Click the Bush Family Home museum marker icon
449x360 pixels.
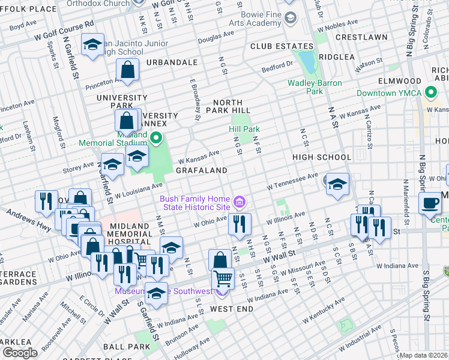point(240,202)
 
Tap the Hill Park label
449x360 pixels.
point(244,129)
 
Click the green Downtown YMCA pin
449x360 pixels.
point(430,93)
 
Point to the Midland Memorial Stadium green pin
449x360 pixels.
point(156,139)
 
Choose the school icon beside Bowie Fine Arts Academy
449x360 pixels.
point(290,19)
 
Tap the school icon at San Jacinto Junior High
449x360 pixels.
point(92,45)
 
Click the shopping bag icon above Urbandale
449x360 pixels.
point(128,70)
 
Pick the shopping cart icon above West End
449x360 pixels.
point(223,278)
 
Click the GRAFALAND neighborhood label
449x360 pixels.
point(202,170)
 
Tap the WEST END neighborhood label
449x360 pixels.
point(231,308)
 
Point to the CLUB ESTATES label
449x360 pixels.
point(282,46)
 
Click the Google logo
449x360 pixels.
point(20,353)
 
